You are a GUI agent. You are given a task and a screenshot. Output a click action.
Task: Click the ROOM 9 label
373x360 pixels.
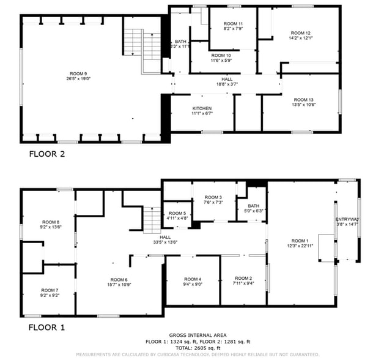76,73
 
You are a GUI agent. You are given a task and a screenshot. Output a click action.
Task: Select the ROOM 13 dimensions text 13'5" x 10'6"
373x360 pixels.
303,105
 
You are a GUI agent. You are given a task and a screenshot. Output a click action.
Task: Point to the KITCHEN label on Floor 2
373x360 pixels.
202,108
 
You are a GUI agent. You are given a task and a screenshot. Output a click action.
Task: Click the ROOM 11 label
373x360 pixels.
233,23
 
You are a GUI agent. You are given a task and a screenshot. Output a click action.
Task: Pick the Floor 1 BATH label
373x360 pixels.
253,206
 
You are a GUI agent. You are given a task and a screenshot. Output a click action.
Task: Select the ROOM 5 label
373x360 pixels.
177,212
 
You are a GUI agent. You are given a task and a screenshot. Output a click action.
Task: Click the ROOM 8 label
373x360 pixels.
51,221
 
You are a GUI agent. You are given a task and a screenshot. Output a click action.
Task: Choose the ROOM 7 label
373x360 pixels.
50,290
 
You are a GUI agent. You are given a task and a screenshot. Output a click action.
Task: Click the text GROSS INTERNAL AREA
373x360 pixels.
198,336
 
